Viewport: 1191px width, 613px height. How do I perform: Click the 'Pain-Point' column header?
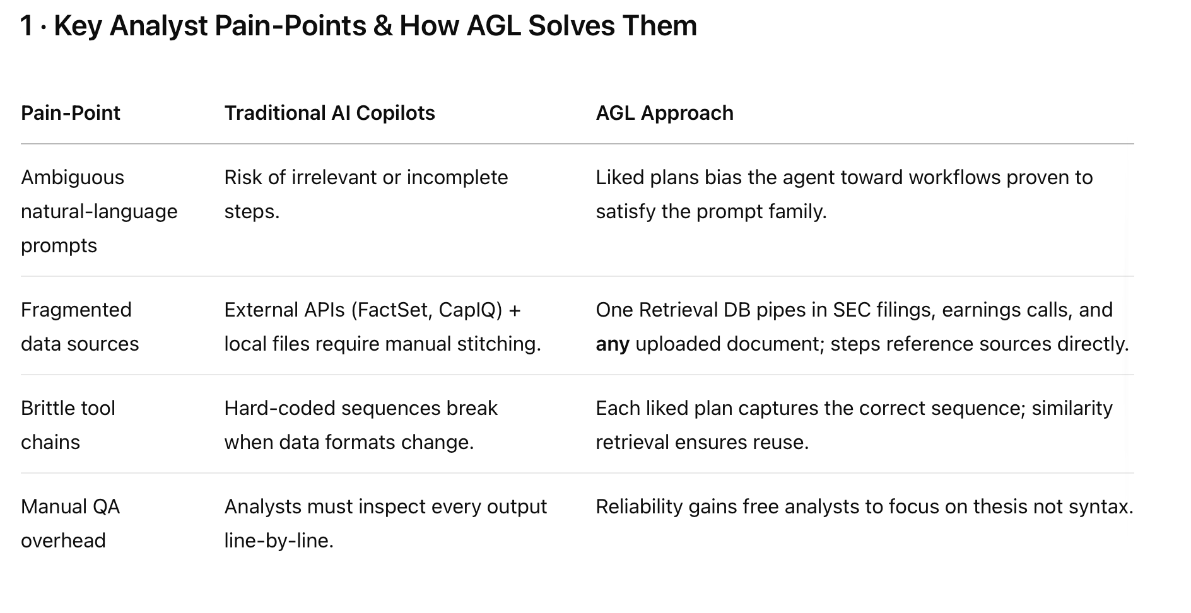coord(71,113)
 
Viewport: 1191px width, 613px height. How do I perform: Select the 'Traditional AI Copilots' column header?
coord(329,113)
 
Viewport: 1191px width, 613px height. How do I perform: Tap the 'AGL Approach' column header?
coord(664,113)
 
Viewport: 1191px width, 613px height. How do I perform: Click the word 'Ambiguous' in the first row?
coord(73,178)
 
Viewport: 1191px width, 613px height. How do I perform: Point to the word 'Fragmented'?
coord(76,310)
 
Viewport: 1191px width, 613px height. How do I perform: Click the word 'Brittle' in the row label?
coord(46,408)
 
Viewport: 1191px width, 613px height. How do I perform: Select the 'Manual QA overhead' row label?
coord(71,523)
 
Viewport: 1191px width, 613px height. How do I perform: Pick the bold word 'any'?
coord(613,344)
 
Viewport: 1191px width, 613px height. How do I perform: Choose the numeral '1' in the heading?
coord(26,26)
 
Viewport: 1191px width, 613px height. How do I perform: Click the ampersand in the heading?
coord(382,26)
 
